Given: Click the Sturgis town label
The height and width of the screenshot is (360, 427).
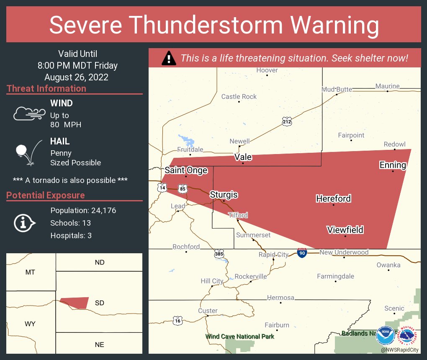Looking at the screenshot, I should point(224,195).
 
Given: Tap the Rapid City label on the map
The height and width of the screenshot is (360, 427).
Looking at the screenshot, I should point(273,255).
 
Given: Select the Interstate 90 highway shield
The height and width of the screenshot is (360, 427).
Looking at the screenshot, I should point(302,253).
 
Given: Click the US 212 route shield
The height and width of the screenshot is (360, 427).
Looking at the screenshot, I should point(286,121).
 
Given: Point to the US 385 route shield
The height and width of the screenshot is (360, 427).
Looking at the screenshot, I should point(219,254).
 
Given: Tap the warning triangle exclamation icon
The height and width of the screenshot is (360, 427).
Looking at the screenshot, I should point(169,58).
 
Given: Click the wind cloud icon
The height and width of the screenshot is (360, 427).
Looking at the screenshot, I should point(29,113).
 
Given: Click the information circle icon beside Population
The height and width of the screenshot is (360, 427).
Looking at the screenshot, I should point(25,223).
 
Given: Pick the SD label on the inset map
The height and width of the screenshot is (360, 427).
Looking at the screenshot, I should point(99,303).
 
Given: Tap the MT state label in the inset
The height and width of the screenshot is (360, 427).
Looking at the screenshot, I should point(30,272).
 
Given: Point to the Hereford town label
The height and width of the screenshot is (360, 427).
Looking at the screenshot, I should point(333,198).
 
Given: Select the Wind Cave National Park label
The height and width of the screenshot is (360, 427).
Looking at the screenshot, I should point(240,336).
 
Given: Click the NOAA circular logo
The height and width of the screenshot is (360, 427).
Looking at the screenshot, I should point(385,336).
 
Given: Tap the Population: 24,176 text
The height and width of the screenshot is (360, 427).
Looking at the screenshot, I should point(83,210).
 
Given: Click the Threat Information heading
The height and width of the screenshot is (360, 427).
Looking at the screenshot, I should point(46,88).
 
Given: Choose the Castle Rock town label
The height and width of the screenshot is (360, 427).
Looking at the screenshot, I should point(239,97).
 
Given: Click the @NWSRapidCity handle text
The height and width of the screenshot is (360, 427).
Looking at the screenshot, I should point(399,350).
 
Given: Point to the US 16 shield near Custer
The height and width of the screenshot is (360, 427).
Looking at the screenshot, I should point(178,321).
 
